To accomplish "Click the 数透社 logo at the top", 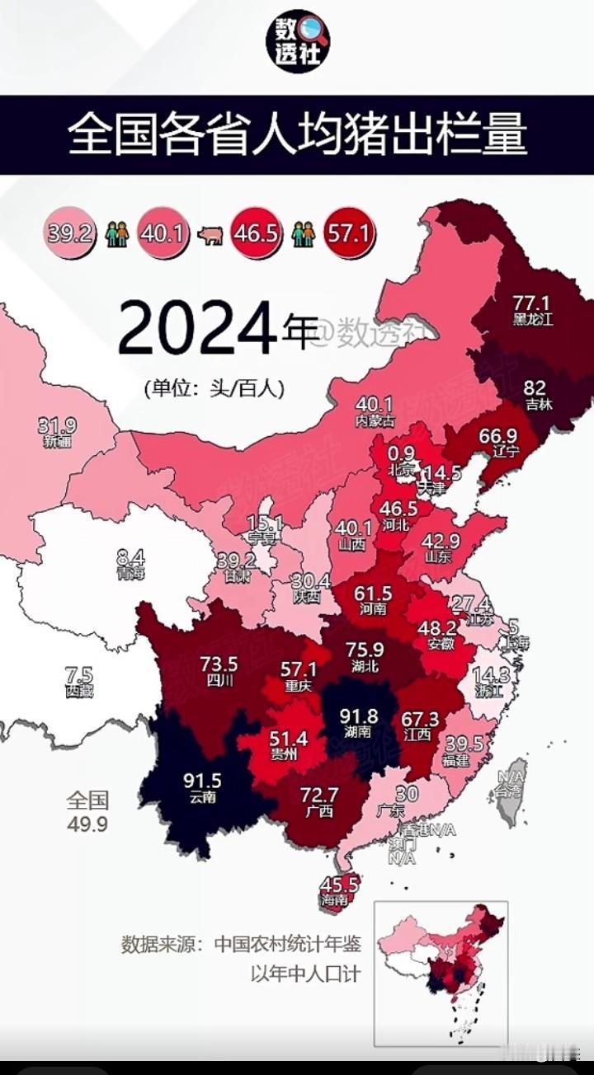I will [297, 41].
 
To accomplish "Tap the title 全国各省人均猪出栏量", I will [297, 134].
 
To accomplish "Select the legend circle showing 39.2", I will [68, 233].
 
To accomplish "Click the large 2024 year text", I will [196, 327].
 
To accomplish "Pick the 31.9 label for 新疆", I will [57, 426].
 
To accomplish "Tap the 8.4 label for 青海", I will [130, 558].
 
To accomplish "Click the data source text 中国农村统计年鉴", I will [287, 943].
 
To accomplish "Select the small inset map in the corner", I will [441, 973].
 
